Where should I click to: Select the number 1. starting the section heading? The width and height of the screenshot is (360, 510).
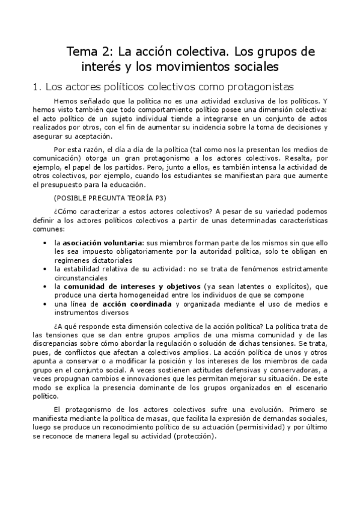[35, 86]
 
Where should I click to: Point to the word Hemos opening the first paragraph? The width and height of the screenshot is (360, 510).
[66, 101]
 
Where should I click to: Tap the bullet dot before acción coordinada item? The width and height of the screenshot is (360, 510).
[46, 305]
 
